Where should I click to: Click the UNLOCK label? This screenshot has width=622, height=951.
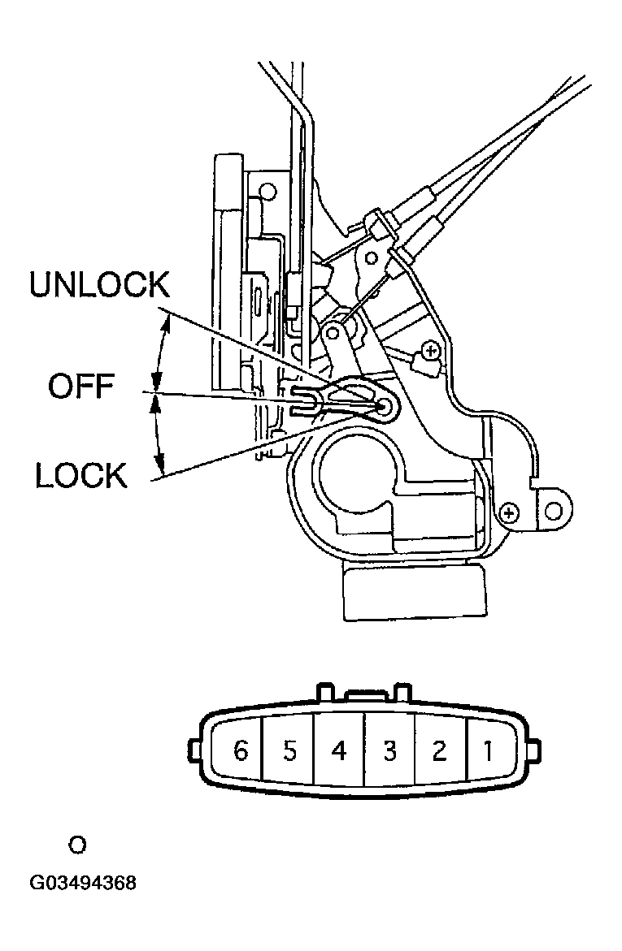99,286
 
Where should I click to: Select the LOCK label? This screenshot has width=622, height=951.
81,475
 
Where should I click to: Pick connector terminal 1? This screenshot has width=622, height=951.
489,751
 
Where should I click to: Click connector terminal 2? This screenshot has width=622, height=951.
439,751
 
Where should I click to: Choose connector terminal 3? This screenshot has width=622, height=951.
389,751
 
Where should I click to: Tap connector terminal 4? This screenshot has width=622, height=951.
339,751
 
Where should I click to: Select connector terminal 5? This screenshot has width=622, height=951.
289,751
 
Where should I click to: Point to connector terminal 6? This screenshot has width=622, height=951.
240,751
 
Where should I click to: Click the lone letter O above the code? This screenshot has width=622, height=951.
77,845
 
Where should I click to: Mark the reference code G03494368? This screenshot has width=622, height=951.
83,883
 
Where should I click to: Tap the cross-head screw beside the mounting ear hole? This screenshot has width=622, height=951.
509,512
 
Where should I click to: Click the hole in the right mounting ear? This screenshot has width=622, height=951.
554,511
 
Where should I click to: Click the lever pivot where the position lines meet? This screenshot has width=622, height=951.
384,404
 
